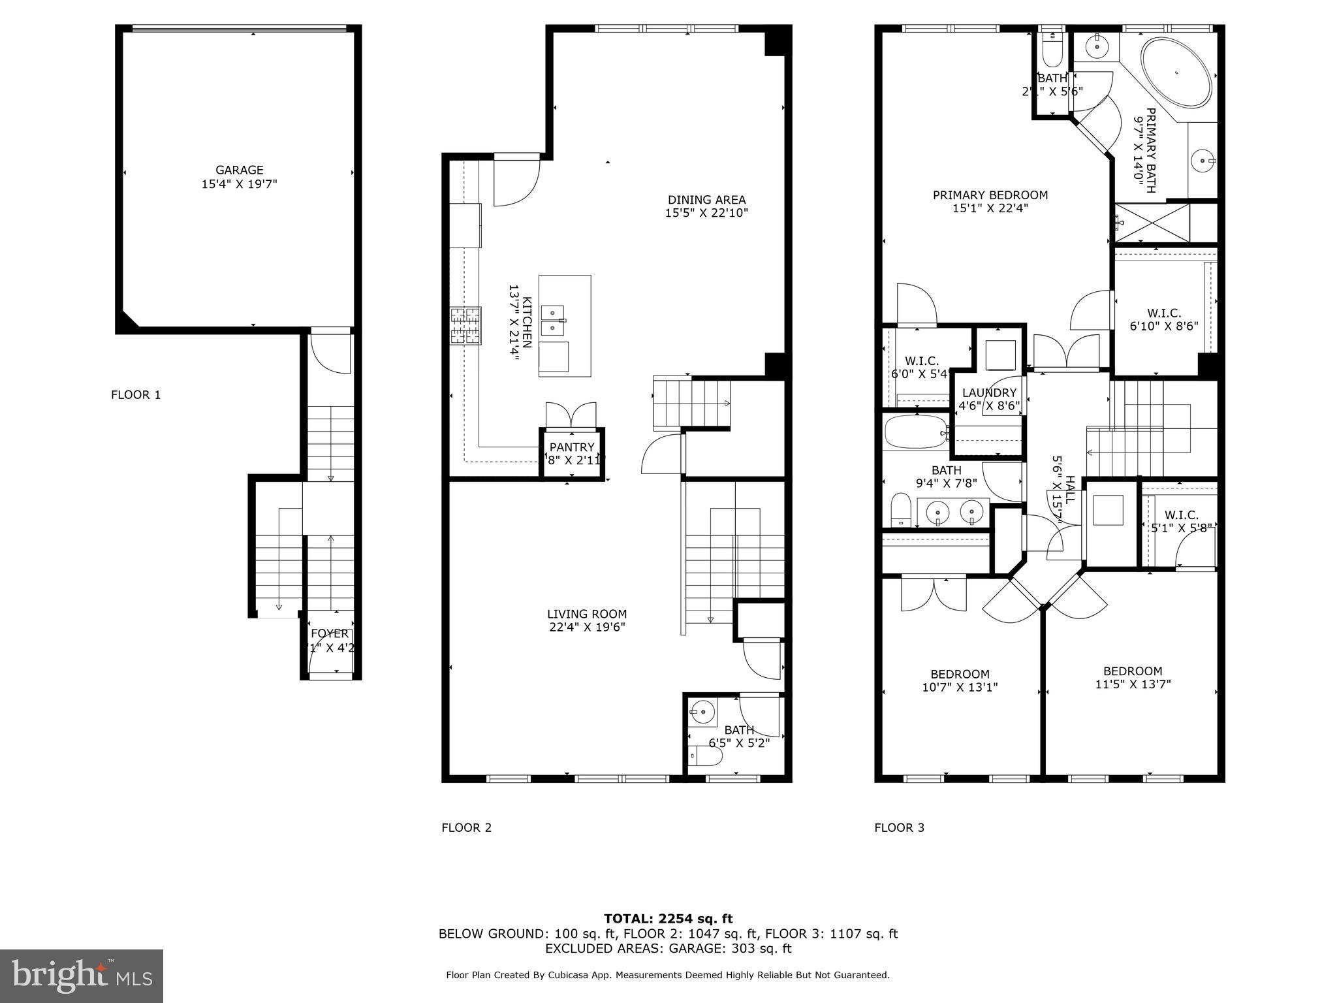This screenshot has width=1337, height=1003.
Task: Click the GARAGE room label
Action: pos(240,177)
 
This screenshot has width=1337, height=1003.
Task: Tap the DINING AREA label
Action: pos(706,206)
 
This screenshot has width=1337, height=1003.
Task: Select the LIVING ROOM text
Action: pos(587,620)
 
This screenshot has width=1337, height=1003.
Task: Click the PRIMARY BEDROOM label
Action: pos(990,201)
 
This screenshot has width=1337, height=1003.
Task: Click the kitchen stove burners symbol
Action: pos(465,325)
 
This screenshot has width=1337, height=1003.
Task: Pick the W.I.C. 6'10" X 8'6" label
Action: pos(1164,319)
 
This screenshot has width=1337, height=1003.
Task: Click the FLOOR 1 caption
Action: pos(136,394)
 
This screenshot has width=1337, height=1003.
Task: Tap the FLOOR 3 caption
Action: pos(899,827)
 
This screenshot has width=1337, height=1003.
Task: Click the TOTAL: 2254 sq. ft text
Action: pos(668,919)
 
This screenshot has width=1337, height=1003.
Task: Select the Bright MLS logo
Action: pos(82,976)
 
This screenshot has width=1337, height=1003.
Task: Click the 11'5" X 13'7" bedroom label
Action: pos(1133,677)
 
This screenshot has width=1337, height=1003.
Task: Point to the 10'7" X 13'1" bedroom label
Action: pos(960,680)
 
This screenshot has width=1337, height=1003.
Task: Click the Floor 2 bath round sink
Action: pos(702,710)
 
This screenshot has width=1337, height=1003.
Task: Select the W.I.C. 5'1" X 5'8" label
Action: pos(1181,521)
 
